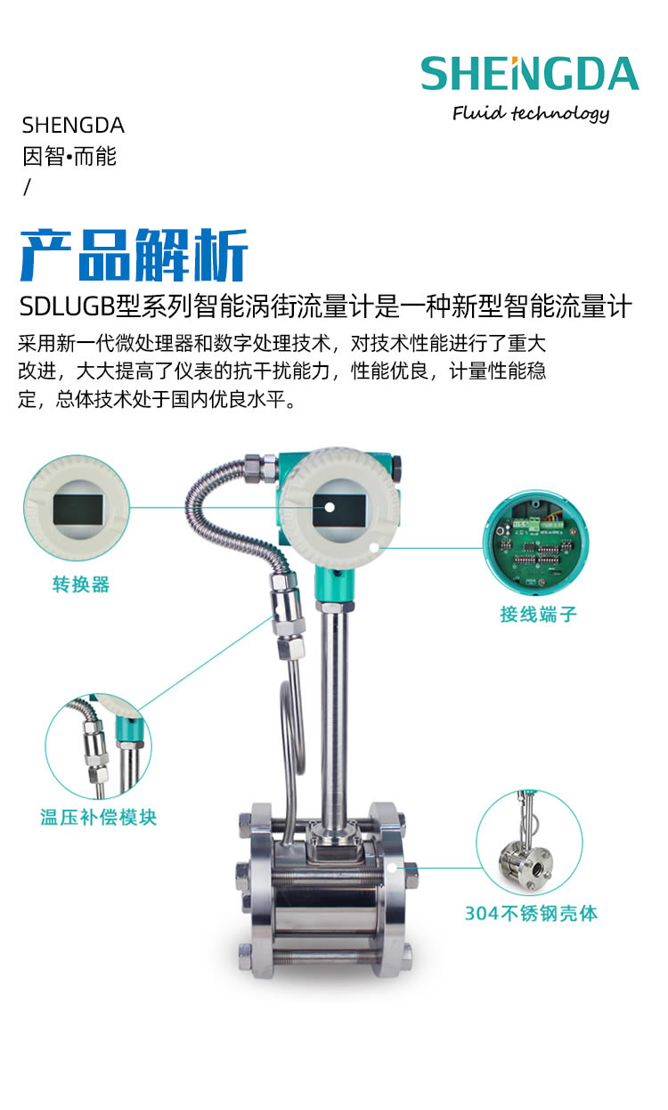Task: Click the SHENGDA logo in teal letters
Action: [530, 74]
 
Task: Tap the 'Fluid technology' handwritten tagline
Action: [530, 113]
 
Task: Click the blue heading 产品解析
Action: [134, 255]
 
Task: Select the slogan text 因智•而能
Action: [69, 157]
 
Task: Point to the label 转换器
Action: [81, 584]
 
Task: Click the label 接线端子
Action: [539, 614]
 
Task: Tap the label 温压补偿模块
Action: [98, 817]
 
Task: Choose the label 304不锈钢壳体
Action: [531, 913]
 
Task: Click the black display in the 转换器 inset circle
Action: [78, 510]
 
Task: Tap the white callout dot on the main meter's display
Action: [330, 508]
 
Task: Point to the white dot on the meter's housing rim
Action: [375, 547]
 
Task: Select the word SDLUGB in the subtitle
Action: [67, 306]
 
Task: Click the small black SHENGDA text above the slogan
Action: [73, 126]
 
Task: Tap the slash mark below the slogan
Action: [27, 187]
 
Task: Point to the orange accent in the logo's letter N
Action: [515, 61]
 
